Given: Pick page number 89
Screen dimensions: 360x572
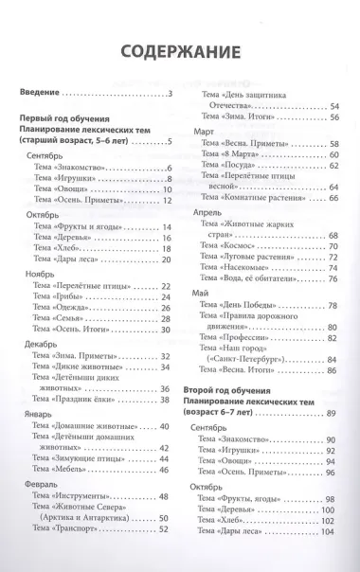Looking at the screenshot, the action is point(332,415).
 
